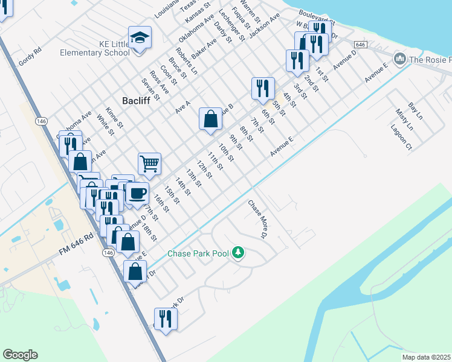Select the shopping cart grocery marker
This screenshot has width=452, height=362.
pyautogui.click(x=149, y=164)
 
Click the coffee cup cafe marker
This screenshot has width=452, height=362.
pyautogui.click(x=137, y=194)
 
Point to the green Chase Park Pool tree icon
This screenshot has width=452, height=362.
pyautogui.click(x=238, y=252)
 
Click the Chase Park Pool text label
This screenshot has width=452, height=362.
pyautogui.click(x=198, y=253)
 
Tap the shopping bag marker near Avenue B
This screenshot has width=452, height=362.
pyautogui.click(x=210, y=119)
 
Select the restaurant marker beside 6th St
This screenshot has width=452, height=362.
pyautogui.click(x=263, y=89)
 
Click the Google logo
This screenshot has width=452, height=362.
pyautogui.click(x=20, y=355)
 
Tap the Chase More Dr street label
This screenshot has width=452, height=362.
pyautogui.click(x=257, y=219)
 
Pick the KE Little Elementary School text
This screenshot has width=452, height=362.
pyautogui.click(x=95, y=48)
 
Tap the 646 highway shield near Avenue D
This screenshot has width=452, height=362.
pyautogui.click(x=360, y=45)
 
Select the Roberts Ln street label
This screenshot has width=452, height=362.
pyautogui.click(x=186, y=61)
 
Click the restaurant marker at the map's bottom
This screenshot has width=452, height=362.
pyautogui.click(x=164, y=320)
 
